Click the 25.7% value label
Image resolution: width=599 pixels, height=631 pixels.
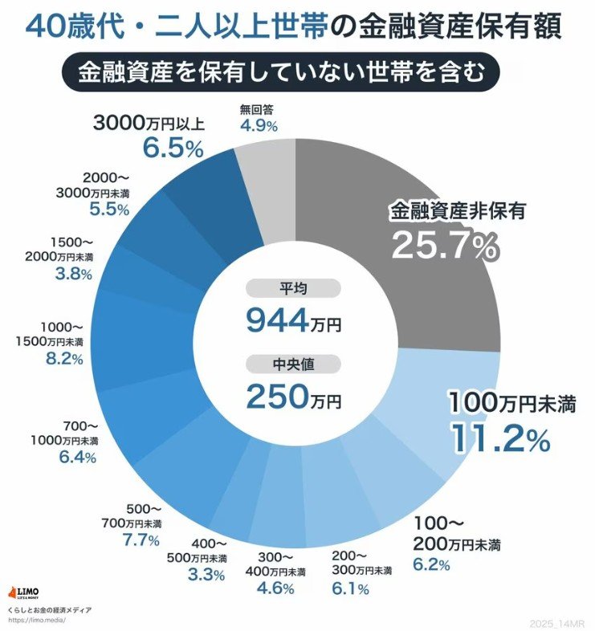[x=444, y=247]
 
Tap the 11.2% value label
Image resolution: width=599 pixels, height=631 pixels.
[x=499, y=438]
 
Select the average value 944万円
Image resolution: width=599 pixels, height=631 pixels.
[x=294, y=321]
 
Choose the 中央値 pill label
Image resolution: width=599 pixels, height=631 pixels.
[x=294, y=364]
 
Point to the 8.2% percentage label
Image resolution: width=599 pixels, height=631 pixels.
[x=64, y=359]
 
